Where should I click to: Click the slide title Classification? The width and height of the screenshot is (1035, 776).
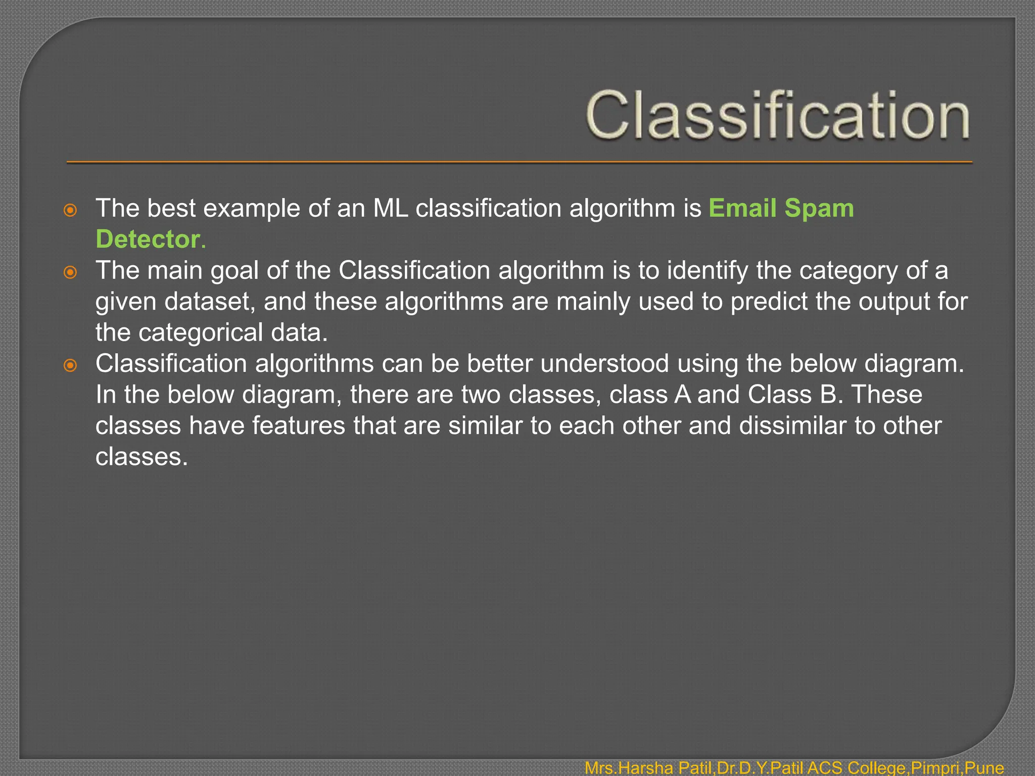coord(777,115)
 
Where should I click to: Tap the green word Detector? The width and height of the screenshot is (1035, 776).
coord(148,239)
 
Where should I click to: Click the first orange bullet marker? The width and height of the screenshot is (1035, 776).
coord(70,210)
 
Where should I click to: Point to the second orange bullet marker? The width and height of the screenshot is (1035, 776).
coord(70,272)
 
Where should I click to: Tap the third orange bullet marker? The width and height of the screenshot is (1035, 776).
coord(70,365)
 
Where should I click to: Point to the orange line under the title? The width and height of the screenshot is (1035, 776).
coord(519,163)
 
